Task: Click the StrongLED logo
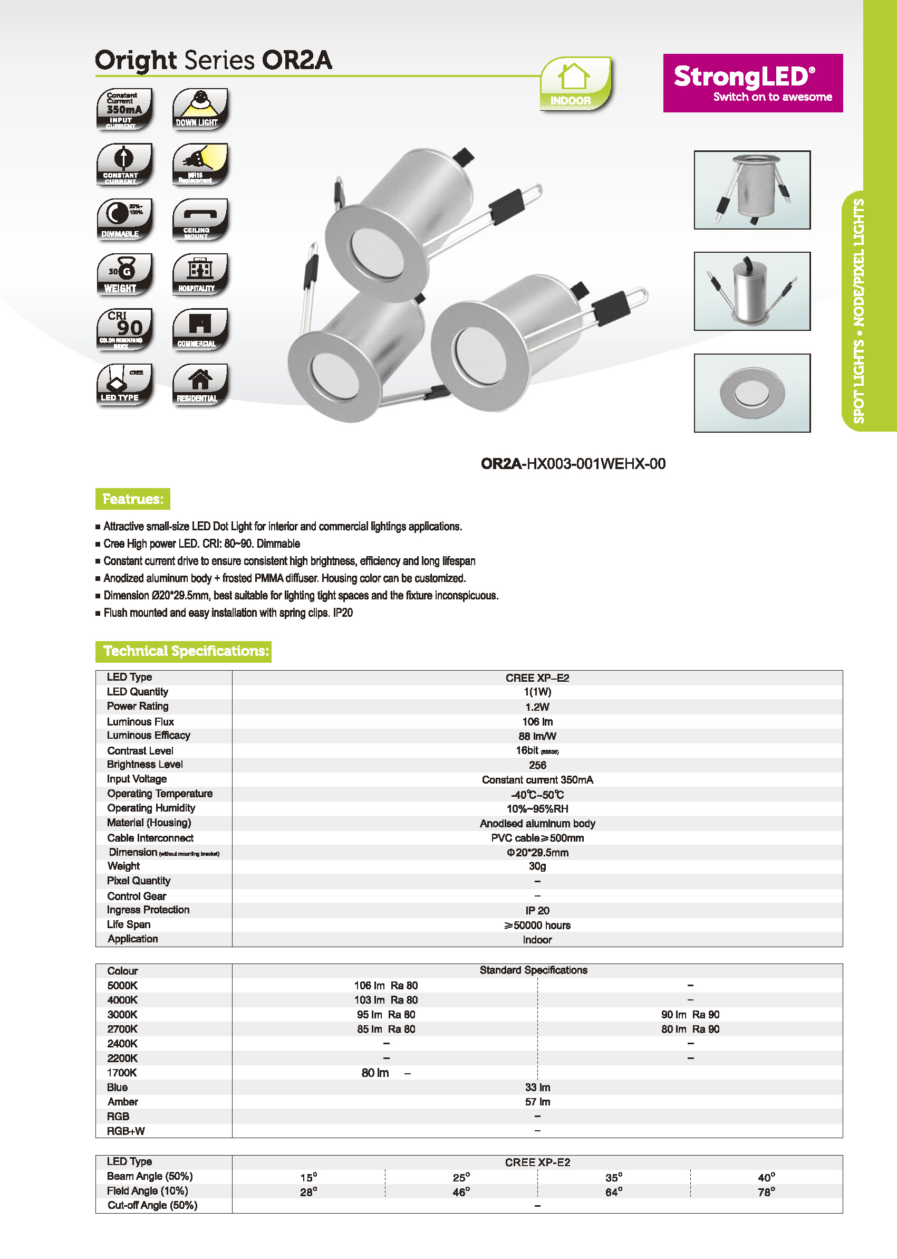753,83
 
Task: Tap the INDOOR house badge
575,84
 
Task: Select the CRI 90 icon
124,329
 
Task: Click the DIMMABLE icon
124,220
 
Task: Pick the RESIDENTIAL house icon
199,385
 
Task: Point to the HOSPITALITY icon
199,274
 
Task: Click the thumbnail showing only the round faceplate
752,393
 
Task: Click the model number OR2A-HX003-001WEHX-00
573,464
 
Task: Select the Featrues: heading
132,499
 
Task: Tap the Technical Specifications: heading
184,651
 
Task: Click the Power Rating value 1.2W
537,707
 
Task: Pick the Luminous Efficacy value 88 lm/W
537,736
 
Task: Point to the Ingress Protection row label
148,910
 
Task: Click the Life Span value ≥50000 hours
537,925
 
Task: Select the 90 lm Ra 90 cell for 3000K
690,1015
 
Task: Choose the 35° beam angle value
613,1178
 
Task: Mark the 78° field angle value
766,1192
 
